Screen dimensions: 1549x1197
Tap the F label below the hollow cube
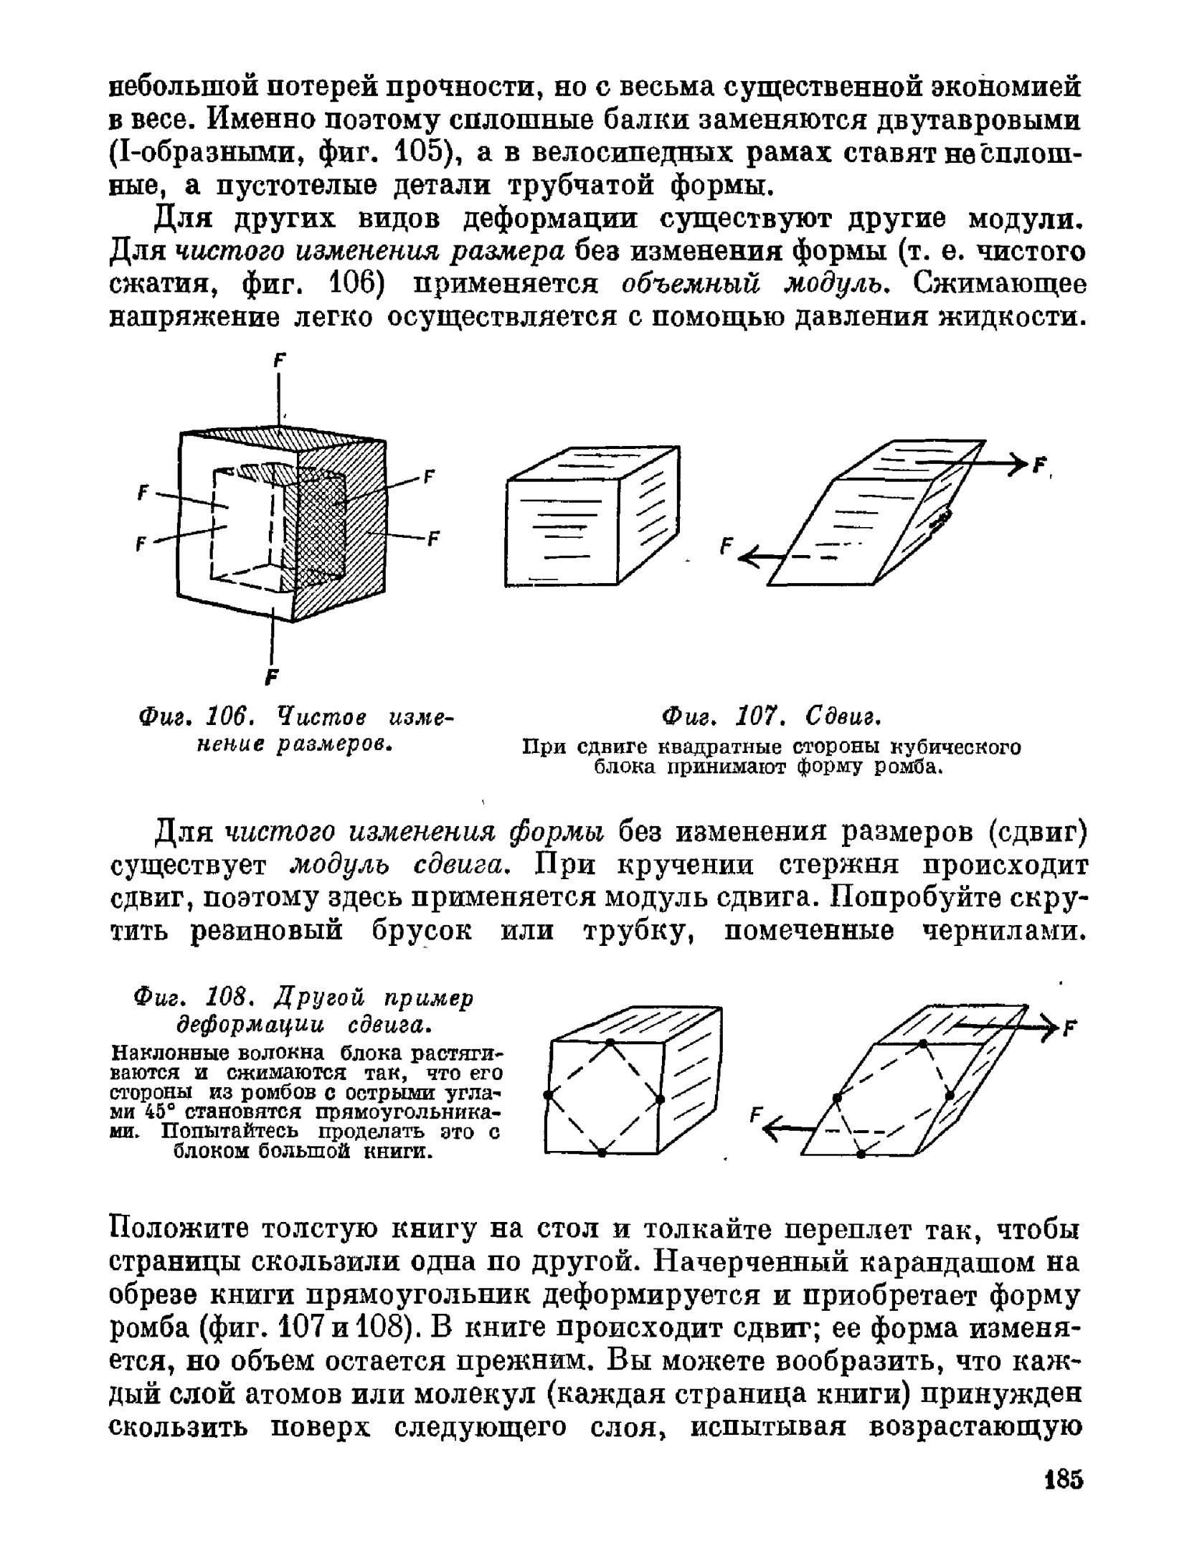pos(273,677)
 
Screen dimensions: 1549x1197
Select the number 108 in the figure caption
pos(227,998)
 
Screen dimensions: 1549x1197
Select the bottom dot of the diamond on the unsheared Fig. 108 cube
pos(602,1152)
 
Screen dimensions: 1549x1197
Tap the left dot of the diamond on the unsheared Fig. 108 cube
pos(548,1095)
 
